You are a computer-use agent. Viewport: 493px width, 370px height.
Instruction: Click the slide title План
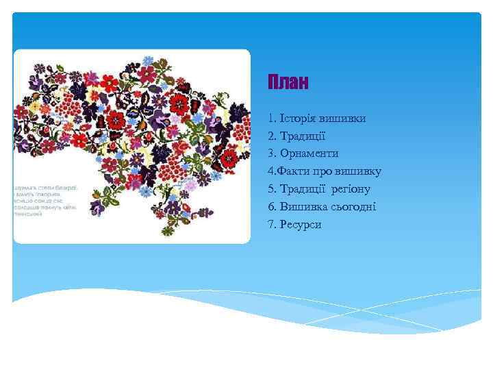[x=288, y=84]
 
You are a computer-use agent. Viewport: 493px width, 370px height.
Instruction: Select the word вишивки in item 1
[x=344, y=119]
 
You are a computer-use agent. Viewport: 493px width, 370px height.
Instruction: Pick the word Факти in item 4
[x=291, y=171]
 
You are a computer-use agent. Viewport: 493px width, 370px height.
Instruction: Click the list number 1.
[x=271, y=119]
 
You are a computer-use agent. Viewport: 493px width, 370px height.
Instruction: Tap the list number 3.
[x=271, y=153]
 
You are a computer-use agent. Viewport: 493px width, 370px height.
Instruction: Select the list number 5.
[x=271, y=189]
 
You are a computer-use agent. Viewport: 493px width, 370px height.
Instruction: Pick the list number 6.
[x=271, y=207]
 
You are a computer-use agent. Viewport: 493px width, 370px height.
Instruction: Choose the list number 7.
[x=271, y=224]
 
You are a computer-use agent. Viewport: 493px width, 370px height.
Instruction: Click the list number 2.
[x=271, y=136]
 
